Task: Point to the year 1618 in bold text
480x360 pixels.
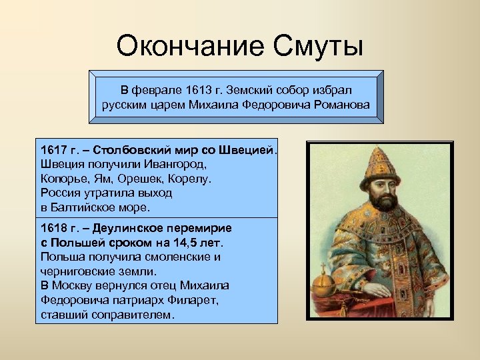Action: pos(53,227)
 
